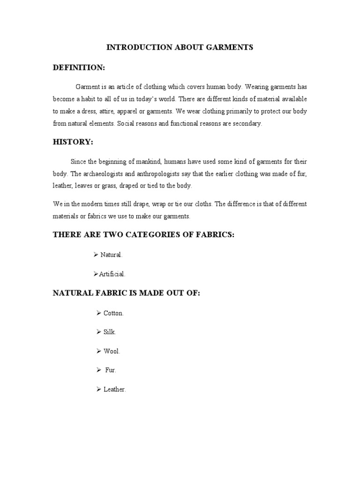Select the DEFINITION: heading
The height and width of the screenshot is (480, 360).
pos(79,68)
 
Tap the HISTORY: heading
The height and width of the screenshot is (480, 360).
pos(73,142)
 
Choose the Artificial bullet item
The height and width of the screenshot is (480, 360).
pos(112,274)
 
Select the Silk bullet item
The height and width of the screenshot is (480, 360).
pos(109,332)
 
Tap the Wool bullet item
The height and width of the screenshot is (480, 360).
pos(112,351)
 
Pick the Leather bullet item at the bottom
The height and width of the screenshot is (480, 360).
pos(115,390)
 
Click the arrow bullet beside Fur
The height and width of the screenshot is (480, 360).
pos(99,370)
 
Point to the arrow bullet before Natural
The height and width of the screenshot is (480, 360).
pos(96,255)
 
